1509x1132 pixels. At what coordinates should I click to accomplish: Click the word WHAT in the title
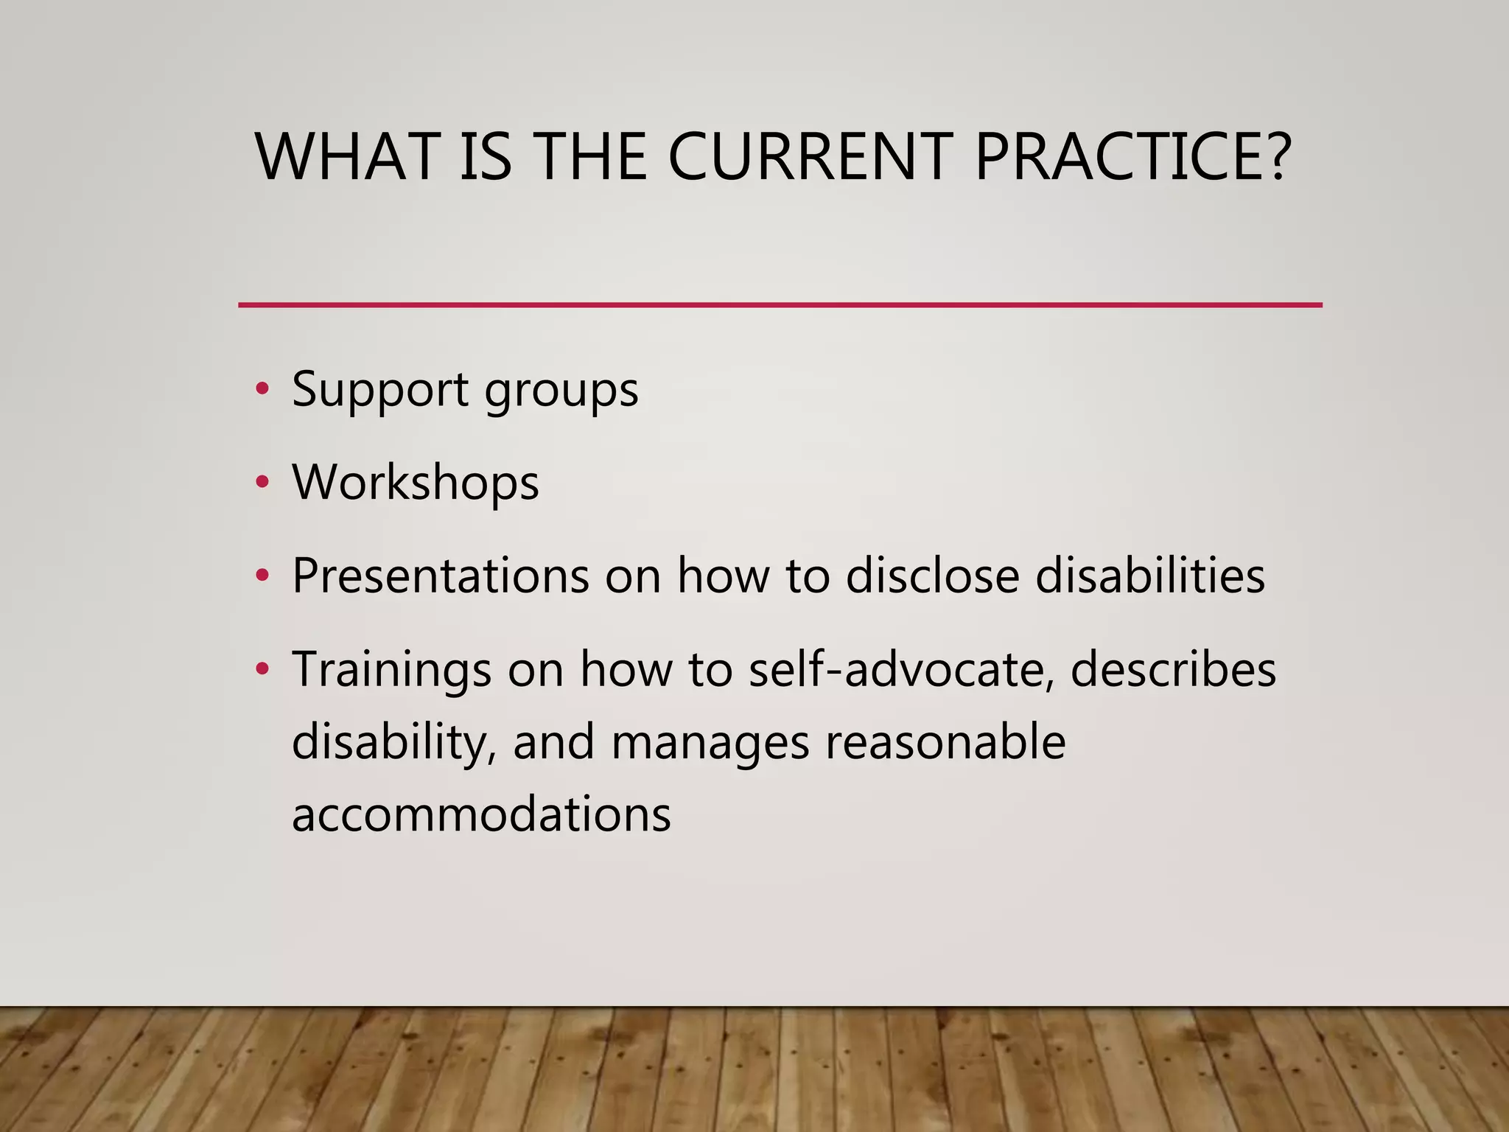(346, 157)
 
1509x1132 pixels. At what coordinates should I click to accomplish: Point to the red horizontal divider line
(780, 304)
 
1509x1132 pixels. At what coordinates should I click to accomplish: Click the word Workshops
(416, 483)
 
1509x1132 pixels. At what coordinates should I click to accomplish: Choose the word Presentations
(441, 576)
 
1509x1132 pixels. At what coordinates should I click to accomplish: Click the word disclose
(932, 576)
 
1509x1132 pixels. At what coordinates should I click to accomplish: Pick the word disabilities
(1150, 576)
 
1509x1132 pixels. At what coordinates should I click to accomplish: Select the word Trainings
(392, 671)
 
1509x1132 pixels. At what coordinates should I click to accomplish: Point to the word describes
(1173, 669)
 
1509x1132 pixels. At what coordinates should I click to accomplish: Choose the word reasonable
(945, 741)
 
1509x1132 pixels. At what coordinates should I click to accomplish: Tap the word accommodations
(482, 814)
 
